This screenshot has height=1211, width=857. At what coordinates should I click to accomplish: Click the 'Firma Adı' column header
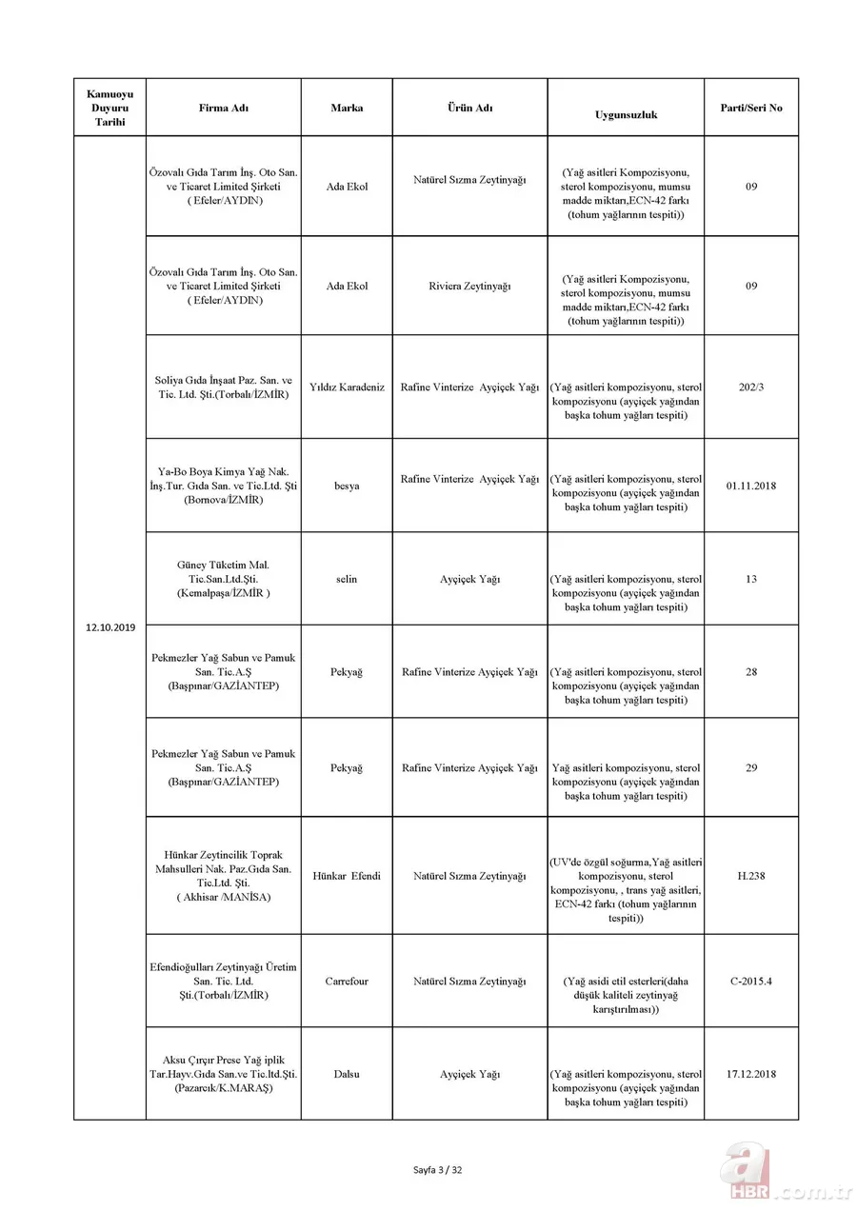223,108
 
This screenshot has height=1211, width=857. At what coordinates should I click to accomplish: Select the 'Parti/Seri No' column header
750,108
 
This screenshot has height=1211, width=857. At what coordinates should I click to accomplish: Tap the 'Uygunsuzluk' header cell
626,114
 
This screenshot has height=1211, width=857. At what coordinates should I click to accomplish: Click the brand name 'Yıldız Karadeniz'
347,387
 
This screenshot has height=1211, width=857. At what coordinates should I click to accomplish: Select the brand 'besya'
347,486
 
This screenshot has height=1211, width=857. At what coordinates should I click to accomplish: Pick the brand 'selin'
347,579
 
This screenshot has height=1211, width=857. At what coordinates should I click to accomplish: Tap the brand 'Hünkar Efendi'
347,876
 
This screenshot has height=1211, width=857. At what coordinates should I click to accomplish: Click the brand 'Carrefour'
347,981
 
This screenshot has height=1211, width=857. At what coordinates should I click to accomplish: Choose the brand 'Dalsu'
347,1074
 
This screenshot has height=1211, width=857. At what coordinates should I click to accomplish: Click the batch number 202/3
750,387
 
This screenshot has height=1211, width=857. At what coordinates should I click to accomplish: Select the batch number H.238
750,876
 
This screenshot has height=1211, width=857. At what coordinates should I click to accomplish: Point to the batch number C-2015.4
750,981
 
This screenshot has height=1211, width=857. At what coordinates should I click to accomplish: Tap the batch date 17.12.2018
750,1074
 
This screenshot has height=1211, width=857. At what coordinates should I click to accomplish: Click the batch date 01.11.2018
750,486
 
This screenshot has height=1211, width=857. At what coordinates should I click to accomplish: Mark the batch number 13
750,579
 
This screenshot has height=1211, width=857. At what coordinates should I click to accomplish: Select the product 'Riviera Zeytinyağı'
469,286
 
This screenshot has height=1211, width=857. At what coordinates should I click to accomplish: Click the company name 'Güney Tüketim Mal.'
223,565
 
